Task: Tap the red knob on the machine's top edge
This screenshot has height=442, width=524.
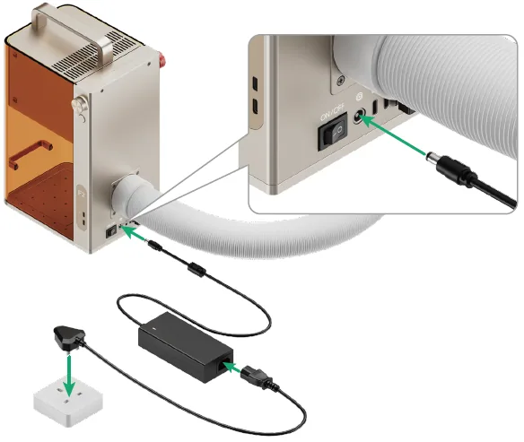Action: [x=162, y=60]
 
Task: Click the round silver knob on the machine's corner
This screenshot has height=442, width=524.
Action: [x=80, y=105]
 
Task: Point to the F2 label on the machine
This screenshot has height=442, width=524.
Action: [x=82, y=194]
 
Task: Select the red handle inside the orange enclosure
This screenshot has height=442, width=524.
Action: [x=31, y=153]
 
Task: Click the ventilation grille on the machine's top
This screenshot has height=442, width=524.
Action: [x=97, y=55]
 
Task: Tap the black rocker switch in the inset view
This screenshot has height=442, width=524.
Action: [x=333, y=132]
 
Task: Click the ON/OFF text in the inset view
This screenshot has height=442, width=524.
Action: [x=332, y=114]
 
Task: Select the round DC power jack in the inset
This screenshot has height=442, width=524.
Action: [x=359, y=117]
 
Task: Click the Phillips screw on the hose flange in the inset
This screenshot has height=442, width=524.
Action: [x=341, y=80]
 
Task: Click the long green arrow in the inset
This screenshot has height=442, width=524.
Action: [x=393, y=134]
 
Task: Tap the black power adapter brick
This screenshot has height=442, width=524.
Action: [x=186, y=347]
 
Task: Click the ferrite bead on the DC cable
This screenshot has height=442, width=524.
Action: [x=196, y=269]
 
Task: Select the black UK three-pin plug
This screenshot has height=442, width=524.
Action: [x=69, y=338]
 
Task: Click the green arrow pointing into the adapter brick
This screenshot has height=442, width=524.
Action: [x=231, y=367]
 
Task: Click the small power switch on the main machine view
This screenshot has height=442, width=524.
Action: [x=111, y=231]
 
